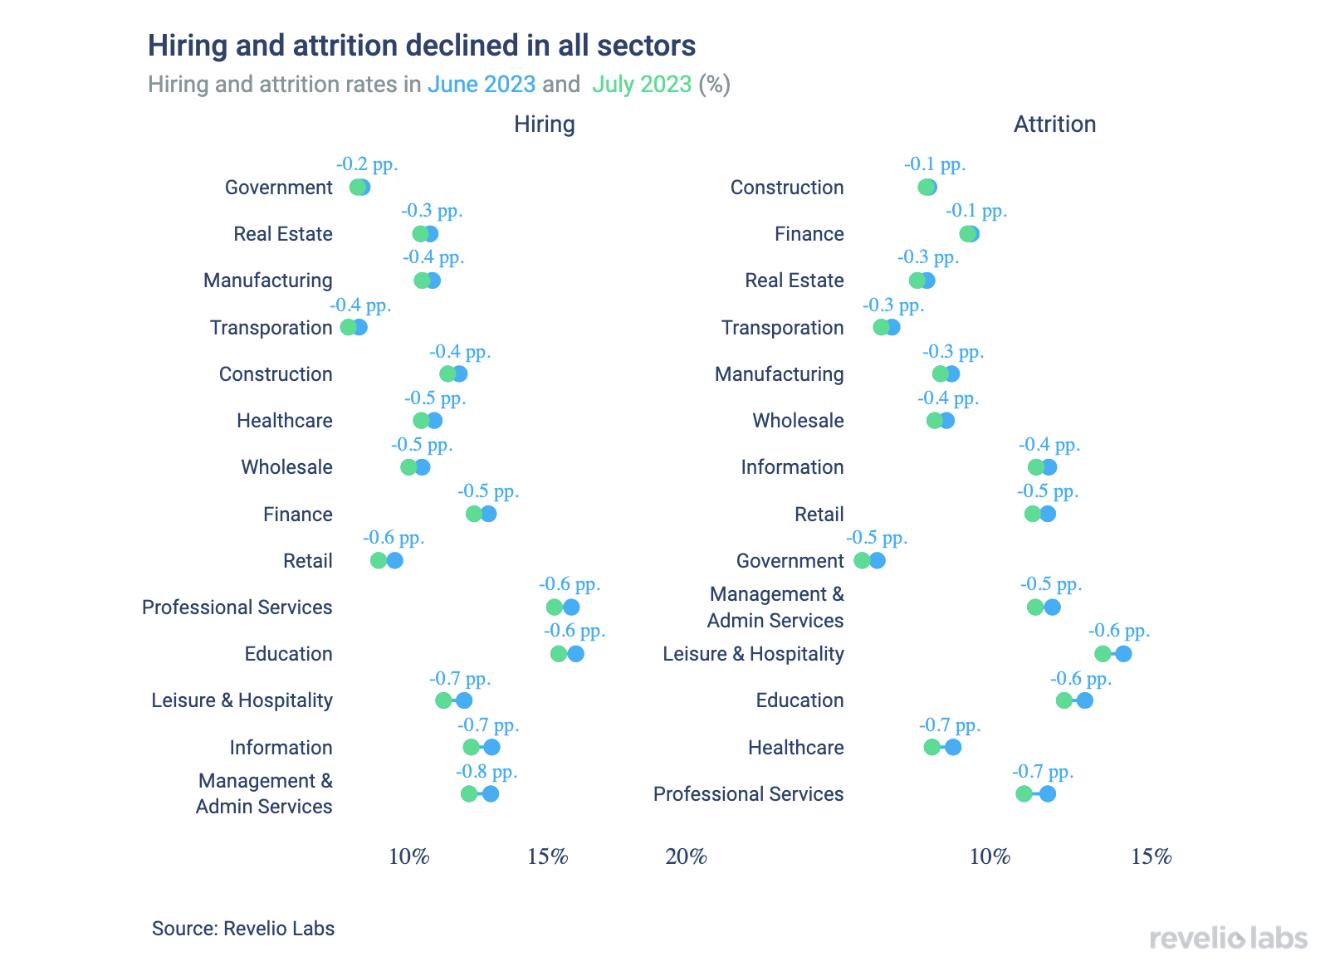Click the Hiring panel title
coord(544,124)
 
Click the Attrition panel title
coord(1054,124)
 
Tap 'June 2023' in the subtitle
coord(482,85)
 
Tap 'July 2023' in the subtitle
coord(642,85)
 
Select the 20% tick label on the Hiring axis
coord(686,856)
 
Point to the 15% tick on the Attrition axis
coord(1151,856)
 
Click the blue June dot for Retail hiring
coord(395,560)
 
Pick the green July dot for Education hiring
coord(559,654)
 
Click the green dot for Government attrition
coord(862,560)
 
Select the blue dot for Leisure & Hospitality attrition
coord(1123,654)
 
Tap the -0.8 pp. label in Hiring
coord(486,772)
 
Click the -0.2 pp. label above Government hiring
coord(367,164)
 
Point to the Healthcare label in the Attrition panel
coord(795,748)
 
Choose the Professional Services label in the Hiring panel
coord(237,607)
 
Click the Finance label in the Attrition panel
coord(809,234)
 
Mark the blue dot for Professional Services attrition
coord(1048,794)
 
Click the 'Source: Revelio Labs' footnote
coord(243,929)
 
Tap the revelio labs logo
coord(1228,939)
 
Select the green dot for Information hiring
coord(472,748)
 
